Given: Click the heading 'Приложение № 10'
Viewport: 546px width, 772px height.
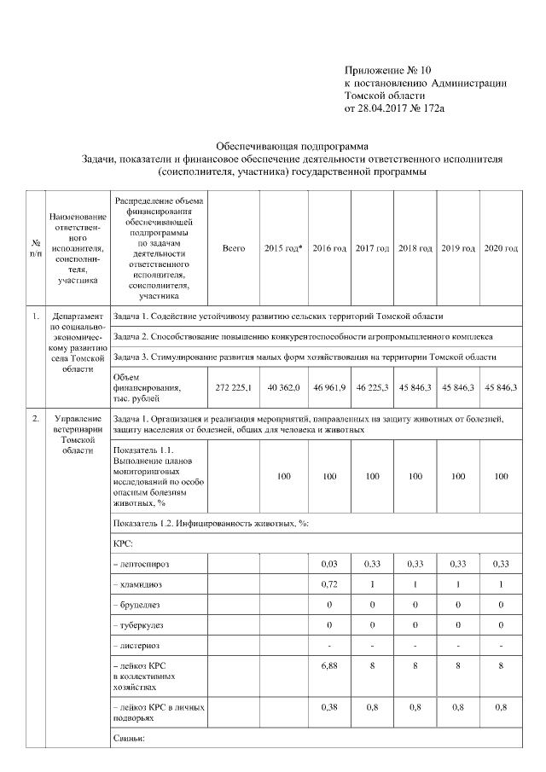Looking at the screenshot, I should pos(383,69).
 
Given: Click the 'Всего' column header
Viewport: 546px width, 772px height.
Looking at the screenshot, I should pos(234,248).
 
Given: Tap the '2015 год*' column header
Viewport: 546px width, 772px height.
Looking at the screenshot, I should pos(283,248).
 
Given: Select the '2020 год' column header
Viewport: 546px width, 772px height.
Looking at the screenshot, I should pos(501,248).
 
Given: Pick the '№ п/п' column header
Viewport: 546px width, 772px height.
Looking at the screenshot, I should pos(35,248).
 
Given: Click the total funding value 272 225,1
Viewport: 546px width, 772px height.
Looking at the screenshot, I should pos(234,387).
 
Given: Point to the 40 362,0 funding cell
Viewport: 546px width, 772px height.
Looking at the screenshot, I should pos(283,387).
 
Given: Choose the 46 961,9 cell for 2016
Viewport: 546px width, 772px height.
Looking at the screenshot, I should pos(328,387).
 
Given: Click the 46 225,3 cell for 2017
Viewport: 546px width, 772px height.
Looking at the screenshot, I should pos(372,387).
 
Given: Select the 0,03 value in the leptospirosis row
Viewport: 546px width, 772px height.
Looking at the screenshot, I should pos(328,564).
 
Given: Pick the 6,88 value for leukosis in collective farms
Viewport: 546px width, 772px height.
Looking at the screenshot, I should pos(328,663).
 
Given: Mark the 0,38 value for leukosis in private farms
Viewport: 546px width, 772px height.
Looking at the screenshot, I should pos(328,705).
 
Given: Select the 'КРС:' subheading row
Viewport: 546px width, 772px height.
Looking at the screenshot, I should pos(124,543).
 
